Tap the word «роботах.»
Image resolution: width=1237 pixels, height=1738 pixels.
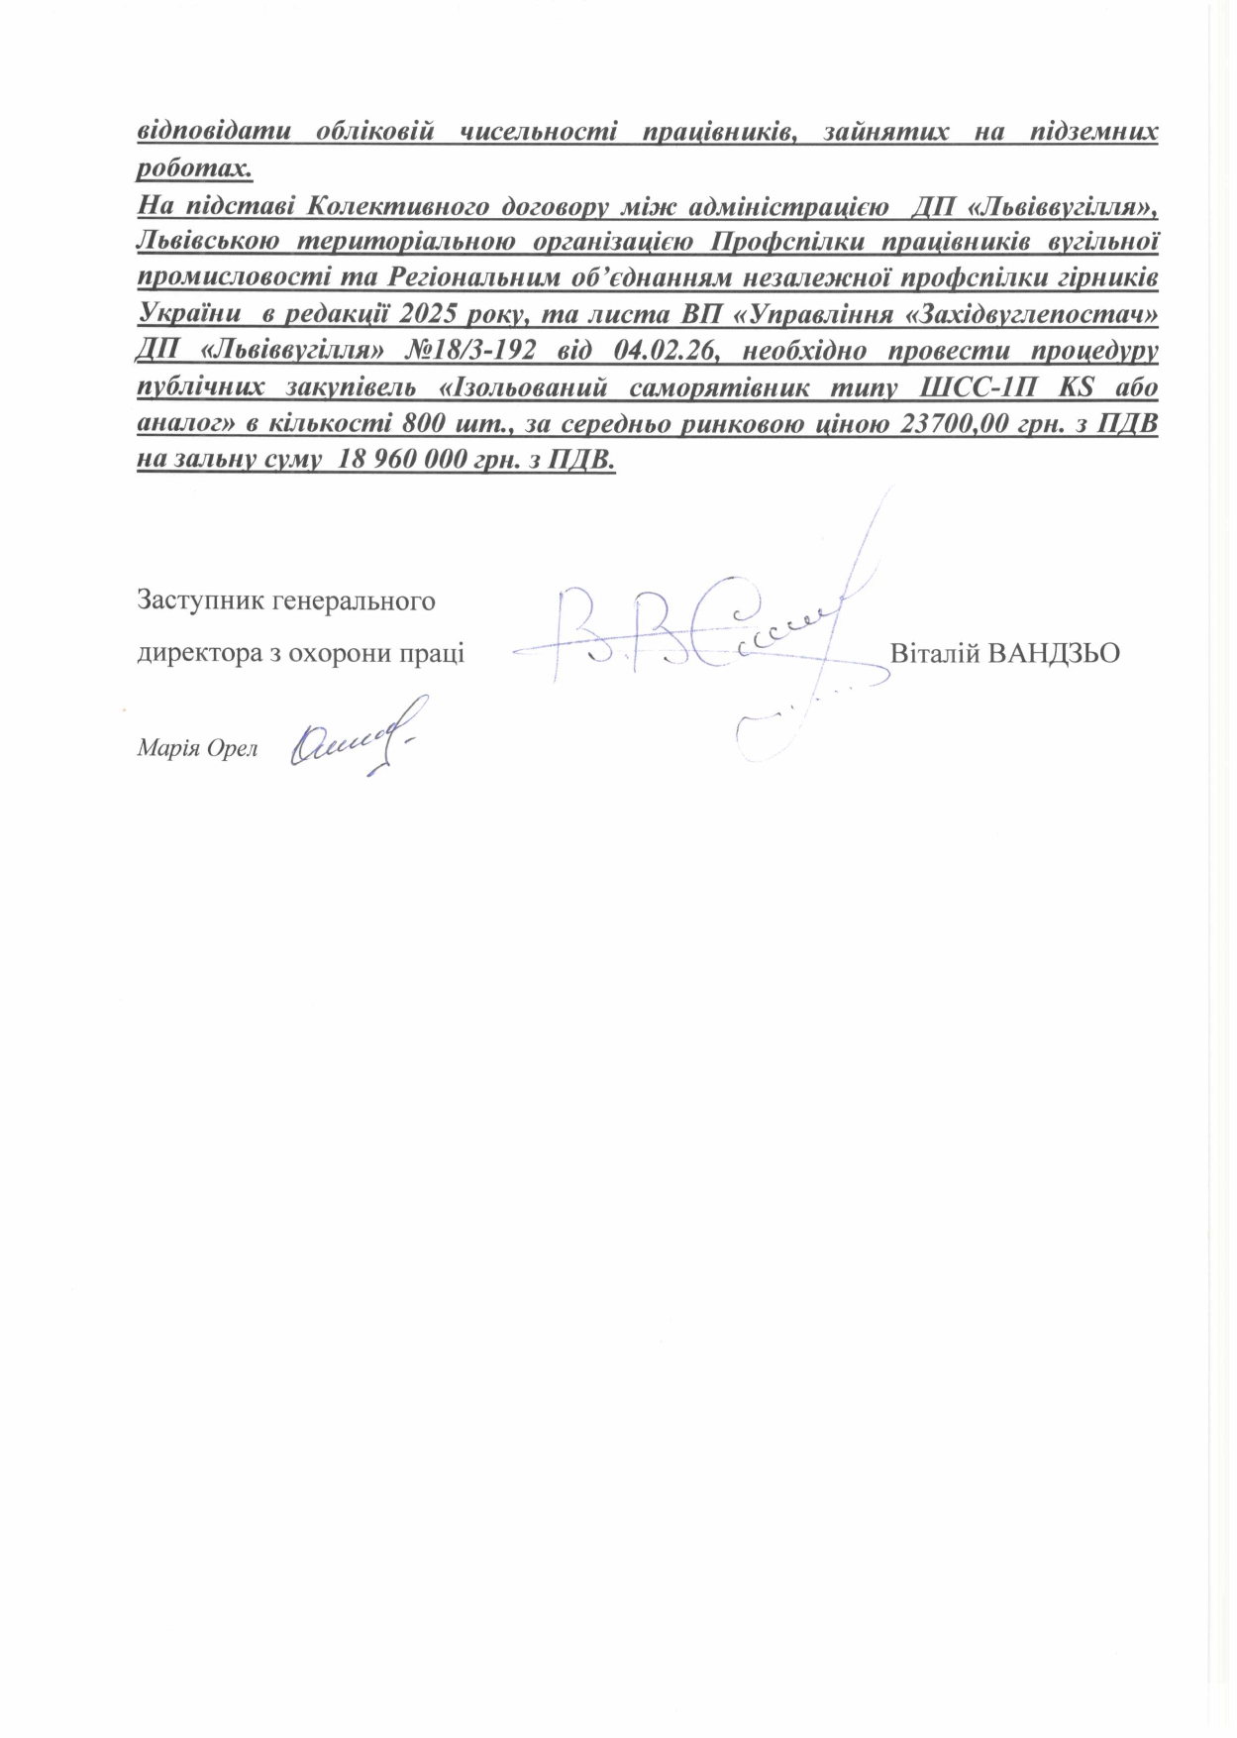click(194, 167)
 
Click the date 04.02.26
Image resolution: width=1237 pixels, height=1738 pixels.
click(666, 352)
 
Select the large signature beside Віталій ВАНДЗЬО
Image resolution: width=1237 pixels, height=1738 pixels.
click(713, 634)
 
